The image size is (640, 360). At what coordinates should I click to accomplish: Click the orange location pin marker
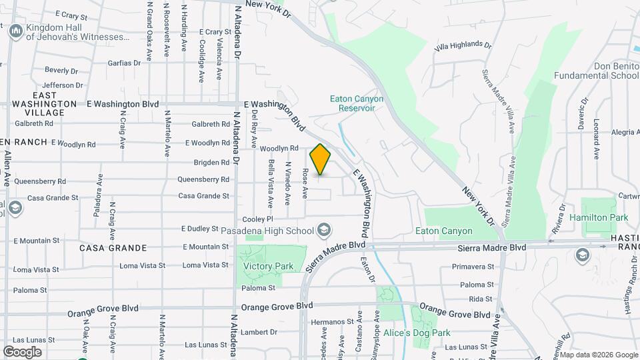coord(320,159)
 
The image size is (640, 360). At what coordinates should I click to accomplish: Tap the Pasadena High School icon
coord(324,230)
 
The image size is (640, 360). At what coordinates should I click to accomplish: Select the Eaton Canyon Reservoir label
coord(357,103)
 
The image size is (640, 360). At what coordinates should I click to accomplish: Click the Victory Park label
coord(268,266)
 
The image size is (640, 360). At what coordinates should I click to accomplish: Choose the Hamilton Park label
coord(599,218)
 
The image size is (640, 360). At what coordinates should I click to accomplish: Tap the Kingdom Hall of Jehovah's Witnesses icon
coord(15,31)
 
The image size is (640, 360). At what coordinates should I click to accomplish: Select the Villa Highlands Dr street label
coord(462,45)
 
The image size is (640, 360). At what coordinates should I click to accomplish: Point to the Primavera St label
coord(473,267)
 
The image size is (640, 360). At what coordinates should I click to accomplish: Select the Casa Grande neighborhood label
coord(113,248)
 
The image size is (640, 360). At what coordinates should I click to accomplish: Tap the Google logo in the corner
coord(21,352)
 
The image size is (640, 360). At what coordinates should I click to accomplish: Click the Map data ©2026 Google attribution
coord(599,355)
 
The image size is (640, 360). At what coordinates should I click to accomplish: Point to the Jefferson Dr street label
coord(62,85)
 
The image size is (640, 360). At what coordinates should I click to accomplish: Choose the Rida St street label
coord(480,299)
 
